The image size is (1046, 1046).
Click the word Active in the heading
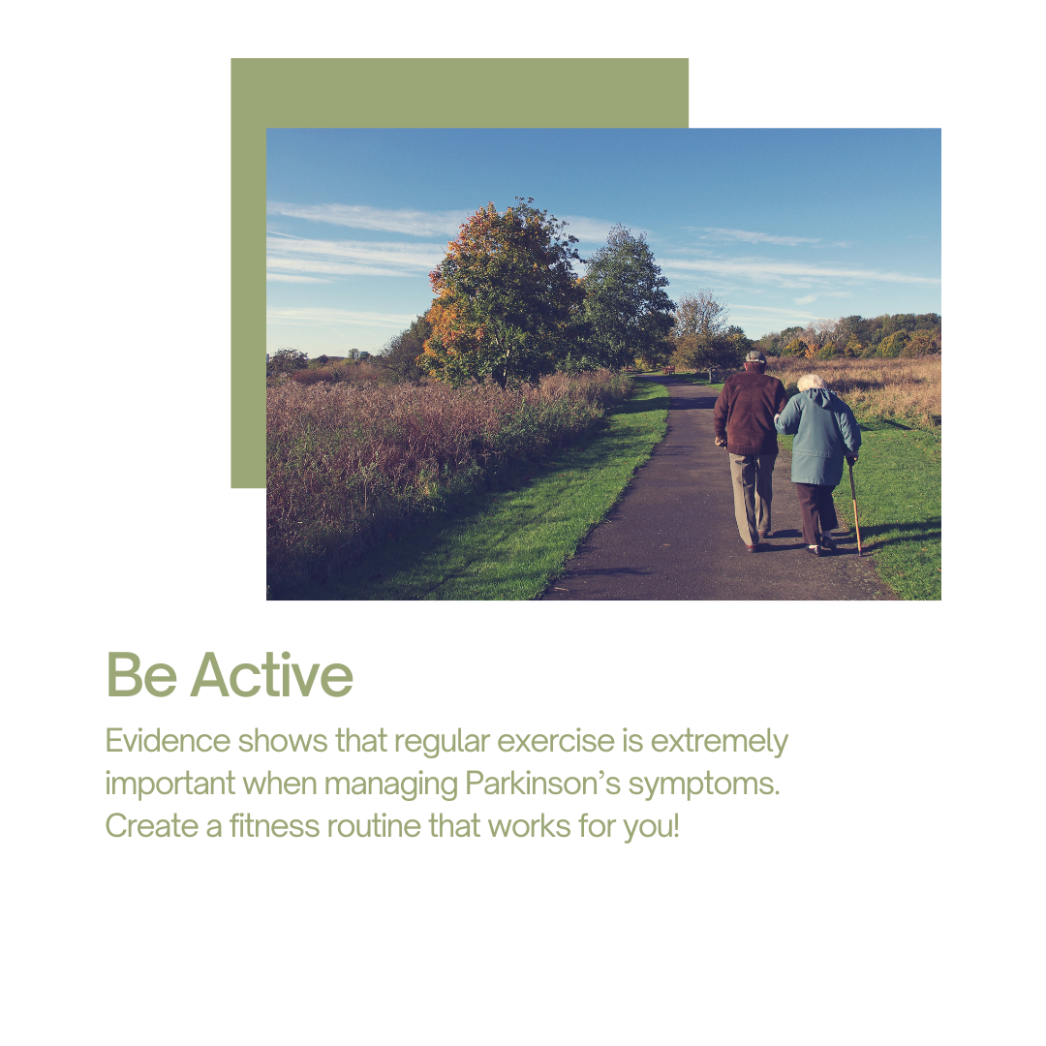pyautogui.click(x=271, y=675)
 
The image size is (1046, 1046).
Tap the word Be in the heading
pyautogui.click(x=141, y=675)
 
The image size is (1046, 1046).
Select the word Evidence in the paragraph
pyautogui.click(x=168, y=741)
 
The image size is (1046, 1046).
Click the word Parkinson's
pyautogui.click(x=542, y=784)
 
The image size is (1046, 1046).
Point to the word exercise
pyautogui.click(x=556, y=741)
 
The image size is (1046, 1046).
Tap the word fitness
pyautogui.click(x=274, y=826)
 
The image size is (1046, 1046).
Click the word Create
pyautogui.click(x=152, y=826)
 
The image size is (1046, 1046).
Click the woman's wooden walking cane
pyautogui.click(x=854, y=508)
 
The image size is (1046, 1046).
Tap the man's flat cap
pyautogui.click(x=755, y=356)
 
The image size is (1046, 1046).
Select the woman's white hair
pyautogui.click(x=811, y=383)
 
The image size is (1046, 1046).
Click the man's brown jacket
pyautogui.click(x=749, y=413)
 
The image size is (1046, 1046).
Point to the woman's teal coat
pyautogui.click(x=818, y=437)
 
